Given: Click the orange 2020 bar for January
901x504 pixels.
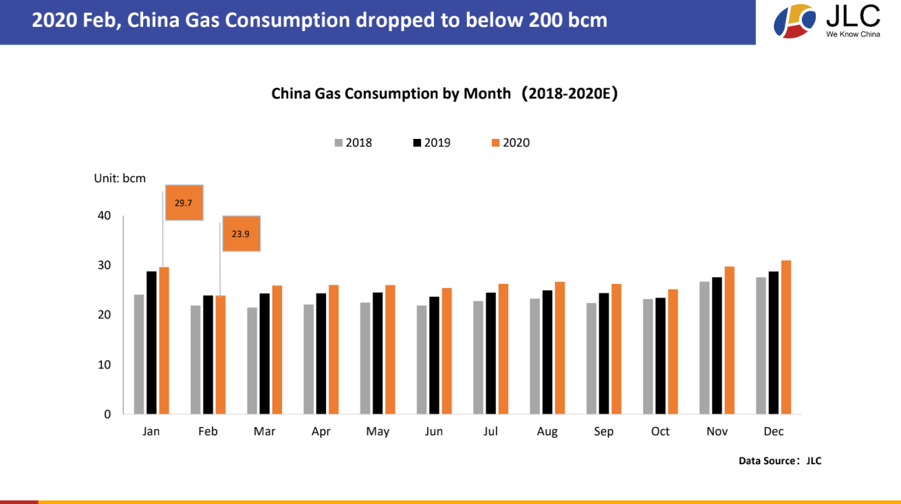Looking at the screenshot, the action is coord(164,340).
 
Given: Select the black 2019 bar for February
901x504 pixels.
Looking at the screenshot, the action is coord(208,355).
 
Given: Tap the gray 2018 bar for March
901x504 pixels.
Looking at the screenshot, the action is coord(252,361).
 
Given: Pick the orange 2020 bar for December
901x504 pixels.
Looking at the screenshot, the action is coord(786,337).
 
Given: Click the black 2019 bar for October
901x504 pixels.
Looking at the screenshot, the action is coord(660,356).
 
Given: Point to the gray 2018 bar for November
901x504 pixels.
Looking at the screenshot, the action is coord(704,348).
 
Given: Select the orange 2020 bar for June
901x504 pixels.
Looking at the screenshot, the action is coord(447,351).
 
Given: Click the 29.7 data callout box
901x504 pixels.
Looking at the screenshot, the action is coord(184,203).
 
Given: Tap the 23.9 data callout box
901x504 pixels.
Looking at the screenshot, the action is coord(241,234).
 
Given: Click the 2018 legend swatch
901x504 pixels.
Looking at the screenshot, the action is coord(338,143).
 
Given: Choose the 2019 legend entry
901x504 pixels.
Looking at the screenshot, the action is coord(432,143).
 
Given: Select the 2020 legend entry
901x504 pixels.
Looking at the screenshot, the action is coord(511,143).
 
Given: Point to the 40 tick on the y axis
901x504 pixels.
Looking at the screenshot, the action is coord(104,216).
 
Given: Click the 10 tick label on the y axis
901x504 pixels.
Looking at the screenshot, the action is coord(104,365).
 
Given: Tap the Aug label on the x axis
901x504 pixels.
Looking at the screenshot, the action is coord(547,432).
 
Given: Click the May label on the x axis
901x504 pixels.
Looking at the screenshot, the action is coord(378,432).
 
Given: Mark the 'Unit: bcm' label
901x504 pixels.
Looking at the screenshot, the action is coord(120,178).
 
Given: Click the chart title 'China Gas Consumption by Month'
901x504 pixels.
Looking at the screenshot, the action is coord(391,94).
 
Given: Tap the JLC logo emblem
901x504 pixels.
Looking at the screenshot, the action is coord(795,21).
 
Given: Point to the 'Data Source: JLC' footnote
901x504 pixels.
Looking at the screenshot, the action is coord(780,461).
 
